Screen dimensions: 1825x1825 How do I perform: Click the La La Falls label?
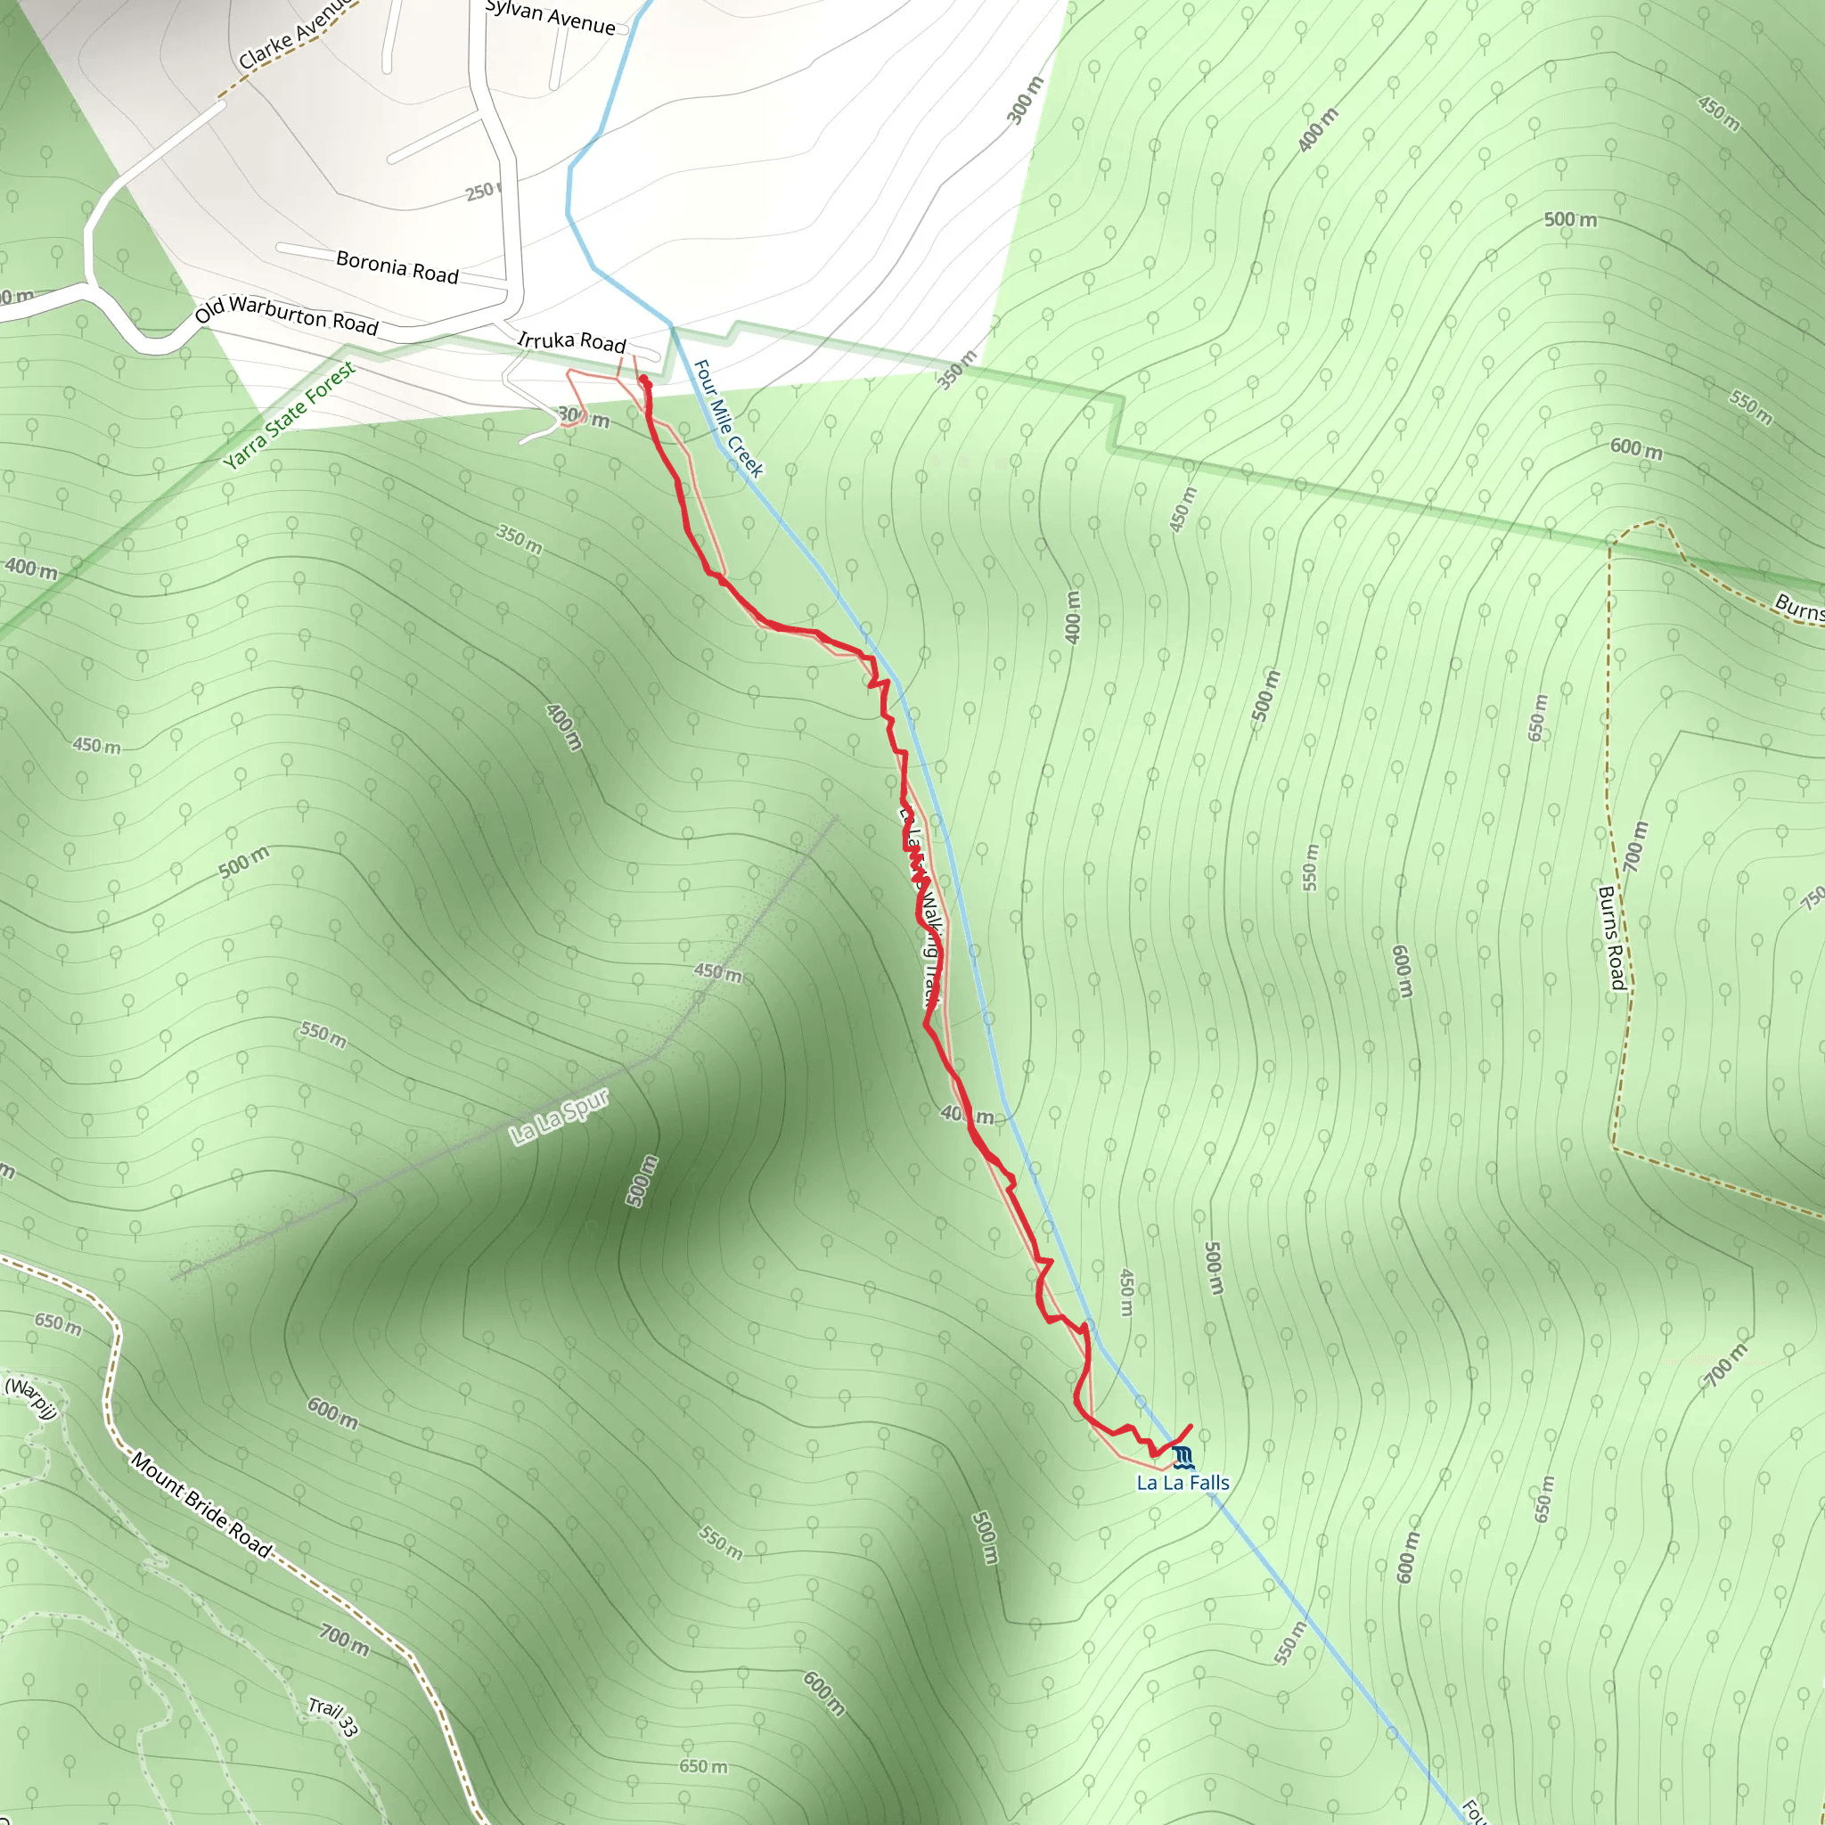[1183, 1483]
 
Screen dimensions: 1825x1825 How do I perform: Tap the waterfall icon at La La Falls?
[1183, 1458]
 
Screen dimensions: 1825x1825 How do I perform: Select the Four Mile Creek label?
[727, 418]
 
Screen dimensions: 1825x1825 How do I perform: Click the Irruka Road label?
[571, 341]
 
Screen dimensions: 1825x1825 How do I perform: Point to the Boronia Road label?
[397, 266]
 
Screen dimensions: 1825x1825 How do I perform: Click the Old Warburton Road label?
[286, 315]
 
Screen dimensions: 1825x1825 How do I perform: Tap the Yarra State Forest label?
[289, 414]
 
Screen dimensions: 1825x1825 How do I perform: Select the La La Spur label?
[560, 1117]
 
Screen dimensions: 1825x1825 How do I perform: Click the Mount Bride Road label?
[201, 1505]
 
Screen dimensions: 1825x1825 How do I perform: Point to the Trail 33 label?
[333, 1717]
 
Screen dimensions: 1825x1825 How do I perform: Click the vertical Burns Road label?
[1610, 937]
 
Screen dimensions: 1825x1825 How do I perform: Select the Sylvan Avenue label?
[550, 17]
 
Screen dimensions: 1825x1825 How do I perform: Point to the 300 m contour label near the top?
[1025, 100]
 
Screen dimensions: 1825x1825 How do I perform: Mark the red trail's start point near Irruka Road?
[644, 381]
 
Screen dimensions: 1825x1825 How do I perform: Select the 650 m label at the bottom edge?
[704, 1765]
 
